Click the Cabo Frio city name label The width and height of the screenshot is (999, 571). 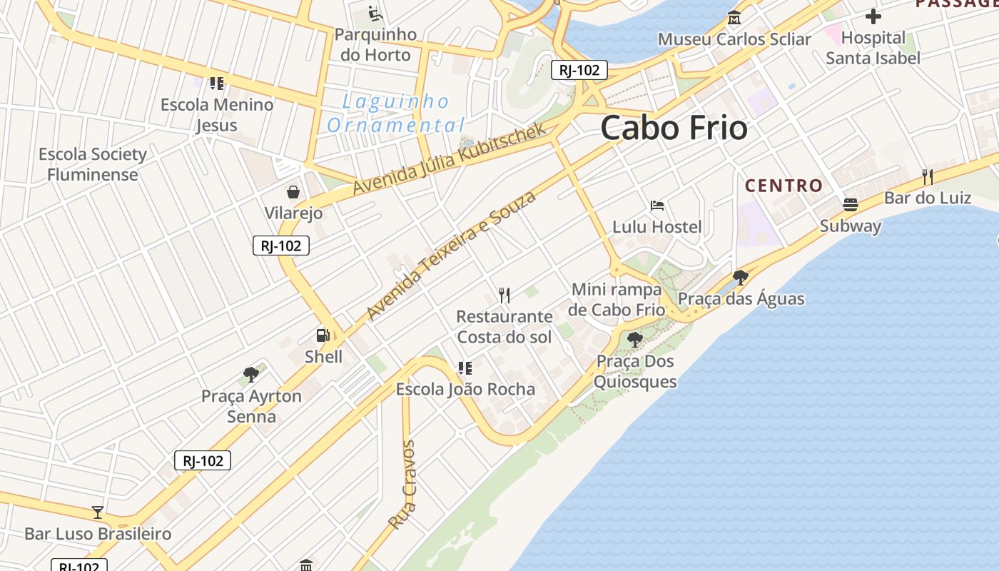tap(674, 128)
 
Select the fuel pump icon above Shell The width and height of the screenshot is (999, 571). tap(323, 335)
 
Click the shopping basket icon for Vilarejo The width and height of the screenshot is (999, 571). tap(293, 192)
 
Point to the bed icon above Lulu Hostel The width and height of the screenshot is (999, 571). tap(657, 206)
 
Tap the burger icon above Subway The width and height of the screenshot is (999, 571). tap(850, 205)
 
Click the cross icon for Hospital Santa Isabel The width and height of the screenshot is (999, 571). tap(873, 16)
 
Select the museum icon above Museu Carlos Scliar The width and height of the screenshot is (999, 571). tap(734, 18)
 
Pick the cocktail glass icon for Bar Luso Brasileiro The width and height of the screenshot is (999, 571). tap(98, 512)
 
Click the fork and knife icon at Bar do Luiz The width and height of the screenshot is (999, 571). tap(927, 176)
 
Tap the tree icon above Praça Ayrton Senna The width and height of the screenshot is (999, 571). tap(250, 375)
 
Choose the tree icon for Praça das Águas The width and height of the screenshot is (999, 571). tap(741, 278)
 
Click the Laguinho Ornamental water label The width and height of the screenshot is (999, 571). tap(396, 113)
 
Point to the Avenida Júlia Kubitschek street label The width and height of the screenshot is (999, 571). tap(450, 158)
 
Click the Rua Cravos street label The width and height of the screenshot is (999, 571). tap(402, 485)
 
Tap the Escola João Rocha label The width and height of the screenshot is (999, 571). tap(465, 389)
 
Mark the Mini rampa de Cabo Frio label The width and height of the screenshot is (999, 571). tap(617, 300)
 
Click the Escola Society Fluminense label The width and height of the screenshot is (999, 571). tap(93, 164)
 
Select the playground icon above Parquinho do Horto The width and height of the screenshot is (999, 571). tap(375, 14)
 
